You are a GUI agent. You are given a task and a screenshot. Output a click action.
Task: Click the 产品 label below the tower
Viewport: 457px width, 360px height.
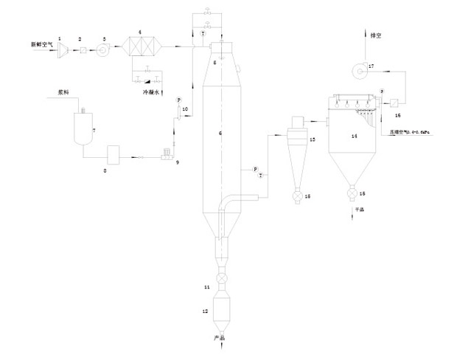[x=218, y=338]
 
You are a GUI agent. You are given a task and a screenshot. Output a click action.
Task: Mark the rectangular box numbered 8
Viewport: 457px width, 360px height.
[x=114, y=156]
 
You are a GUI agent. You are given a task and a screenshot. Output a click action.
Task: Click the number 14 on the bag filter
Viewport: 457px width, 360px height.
[x=355, y=136]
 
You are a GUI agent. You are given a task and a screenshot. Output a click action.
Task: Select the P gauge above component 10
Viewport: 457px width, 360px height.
[x=178, y=100]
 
